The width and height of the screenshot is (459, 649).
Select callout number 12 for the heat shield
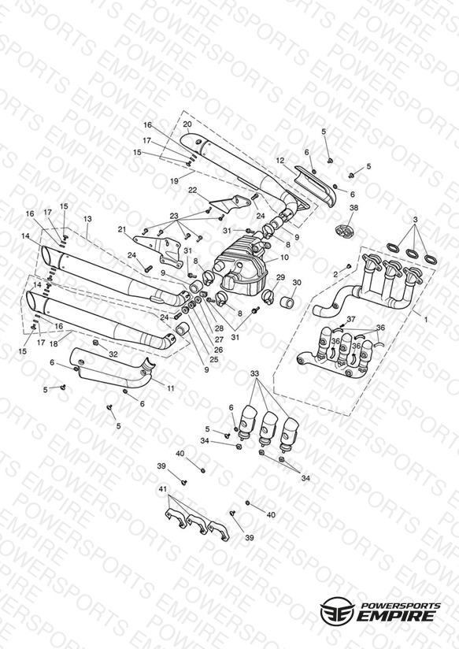280,160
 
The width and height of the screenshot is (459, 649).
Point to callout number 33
254,373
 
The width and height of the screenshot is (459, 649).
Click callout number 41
163,489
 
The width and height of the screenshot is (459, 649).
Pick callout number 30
297,282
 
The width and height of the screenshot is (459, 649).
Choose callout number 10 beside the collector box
284,258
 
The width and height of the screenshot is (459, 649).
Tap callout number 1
426,320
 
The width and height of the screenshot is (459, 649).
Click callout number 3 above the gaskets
415,219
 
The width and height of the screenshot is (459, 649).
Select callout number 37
351,319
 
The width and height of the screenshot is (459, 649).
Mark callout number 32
113,354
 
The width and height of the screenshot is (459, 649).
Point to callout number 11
171,388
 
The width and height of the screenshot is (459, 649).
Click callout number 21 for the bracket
122,229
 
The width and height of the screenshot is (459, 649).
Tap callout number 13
87,219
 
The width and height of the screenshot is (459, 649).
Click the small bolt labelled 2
349,265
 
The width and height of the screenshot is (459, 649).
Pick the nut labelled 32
95,343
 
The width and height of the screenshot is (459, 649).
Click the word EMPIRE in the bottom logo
396,616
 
